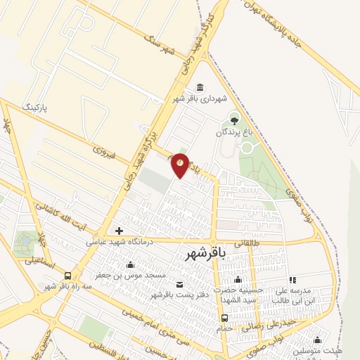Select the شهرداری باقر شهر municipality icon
coord(201,87)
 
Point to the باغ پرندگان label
coord(233,131)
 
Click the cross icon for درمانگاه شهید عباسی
coord(120,231)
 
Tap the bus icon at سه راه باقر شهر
coord(67,276)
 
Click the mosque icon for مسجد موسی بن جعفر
coord(130,266)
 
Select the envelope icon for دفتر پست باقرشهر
coord(179,284)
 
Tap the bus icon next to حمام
coord(224,316)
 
